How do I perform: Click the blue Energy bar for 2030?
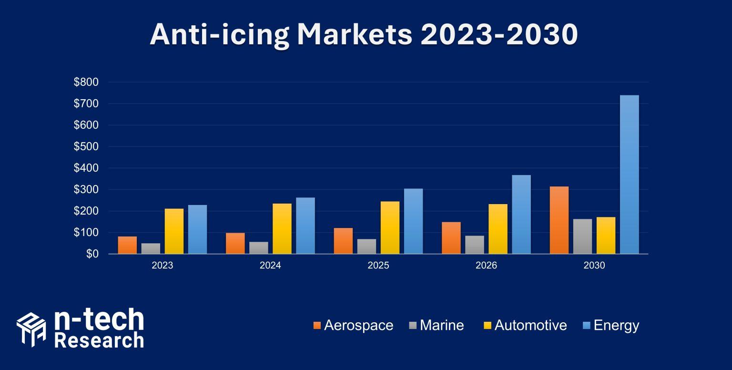click(x=629, y=175)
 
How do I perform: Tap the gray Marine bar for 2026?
click(x=474, y=245)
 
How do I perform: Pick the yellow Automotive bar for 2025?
click(x=390, y=227)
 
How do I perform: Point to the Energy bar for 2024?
click(x=305, y=226)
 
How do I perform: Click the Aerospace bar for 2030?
click(x=559, y=220)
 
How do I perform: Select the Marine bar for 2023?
click(x=151, y=248)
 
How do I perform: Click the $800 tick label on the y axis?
click(x=86, y=82)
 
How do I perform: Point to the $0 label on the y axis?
click(x=92, y=254)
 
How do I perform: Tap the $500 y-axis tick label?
click(x=86, y=147)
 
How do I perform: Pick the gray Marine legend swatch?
click(x=413, y=326)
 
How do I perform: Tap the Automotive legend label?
click(x=530, y=326)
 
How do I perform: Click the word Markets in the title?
click(x=354, y=34)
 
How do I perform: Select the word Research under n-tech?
click(x=99, y=340)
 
